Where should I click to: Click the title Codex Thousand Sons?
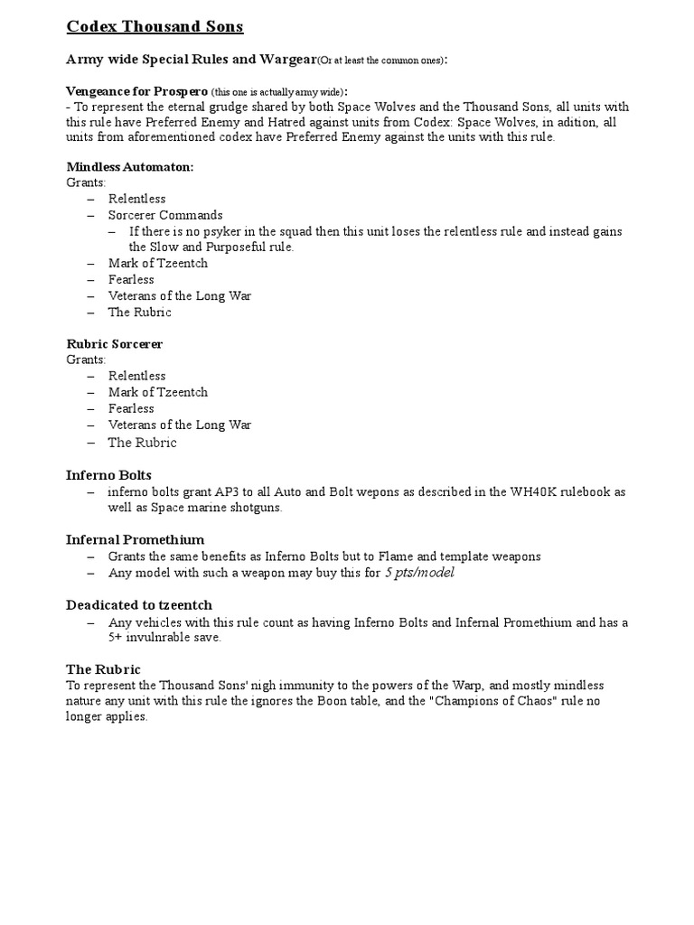pyautogui.click(x=155, y=26)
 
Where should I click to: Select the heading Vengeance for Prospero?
pyautogui.click(x=136, y=92)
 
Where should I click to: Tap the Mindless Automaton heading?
pyautogui.click(x=130, y=166)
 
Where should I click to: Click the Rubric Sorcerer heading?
pyautogui.click(x=115, y=344)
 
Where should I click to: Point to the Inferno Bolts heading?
pyautogui.click(x=108, y=475)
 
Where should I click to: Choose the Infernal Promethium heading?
pyautogui.click(x=135, y=539)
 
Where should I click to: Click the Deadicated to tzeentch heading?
pyautogui.click(x=139, y=604)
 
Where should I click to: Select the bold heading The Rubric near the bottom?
pyautogui.click(x=103, y=669)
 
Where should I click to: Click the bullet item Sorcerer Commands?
pyautogui.click(x=165, y=215)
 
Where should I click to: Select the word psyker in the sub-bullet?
pyautogui.click(x=211, y=231)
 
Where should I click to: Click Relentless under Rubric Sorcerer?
pyautogui.click(x=137, y=376)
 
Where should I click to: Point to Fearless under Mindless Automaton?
pyautogui.click(x=131, y=280)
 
